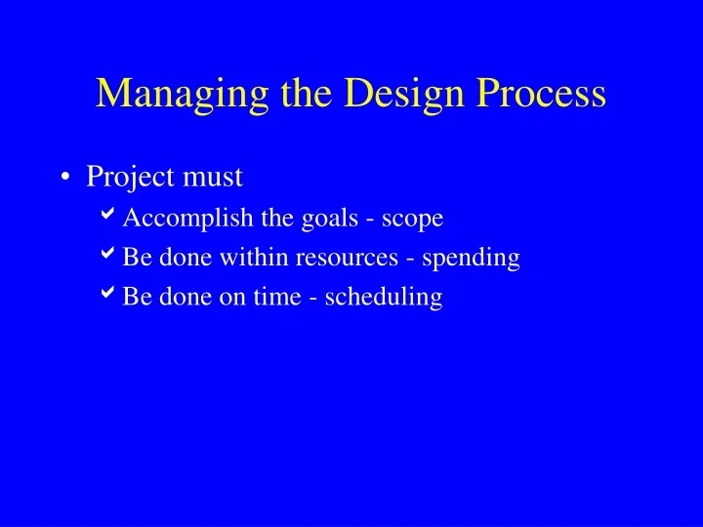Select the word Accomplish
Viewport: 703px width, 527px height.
click(x=173, y=219)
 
